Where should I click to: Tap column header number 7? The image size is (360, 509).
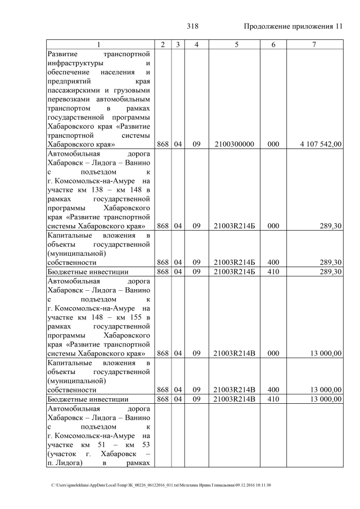click(314, 44)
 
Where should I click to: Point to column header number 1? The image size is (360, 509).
click(99, 44)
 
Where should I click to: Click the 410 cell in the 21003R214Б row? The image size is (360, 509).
click(273, 272)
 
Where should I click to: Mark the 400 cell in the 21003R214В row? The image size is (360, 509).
click(273, 390)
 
